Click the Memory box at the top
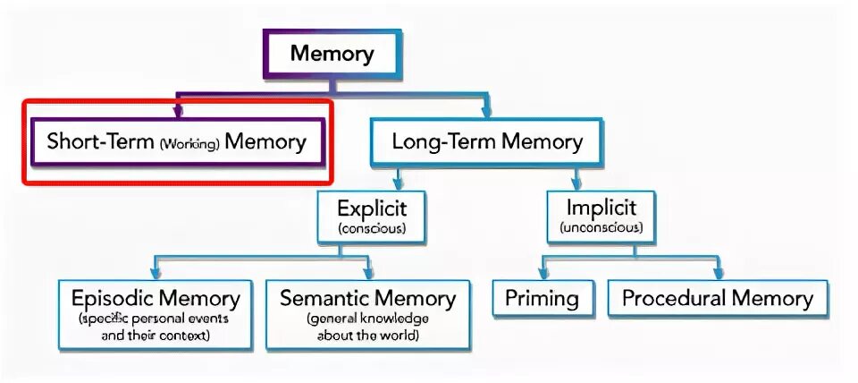(332, 55)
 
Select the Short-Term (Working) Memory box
(177, 141)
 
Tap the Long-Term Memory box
(487, 141)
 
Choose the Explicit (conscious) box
(372, 217)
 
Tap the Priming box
(543, 299)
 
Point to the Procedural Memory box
(718, 299)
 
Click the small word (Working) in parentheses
(190, 143)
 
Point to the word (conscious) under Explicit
(372, 229)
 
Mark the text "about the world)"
(367, 336)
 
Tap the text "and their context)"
(156, 336)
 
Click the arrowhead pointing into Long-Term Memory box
(486, 113)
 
